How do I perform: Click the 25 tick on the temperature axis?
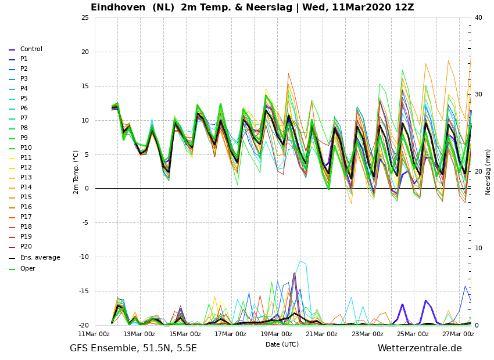pos(85,17)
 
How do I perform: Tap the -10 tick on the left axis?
pos(84,257)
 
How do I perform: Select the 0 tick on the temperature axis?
pos(87,189)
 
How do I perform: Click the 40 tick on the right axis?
pos(478,17)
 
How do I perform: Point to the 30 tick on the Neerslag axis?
pos(478,95)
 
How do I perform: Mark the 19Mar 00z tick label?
pos(276,334)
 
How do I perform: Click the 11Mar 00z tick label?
pos(94,334)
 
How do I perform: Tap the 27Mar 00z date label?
pos(458,334)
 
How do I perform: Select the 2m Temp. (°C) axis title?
pos(76,172)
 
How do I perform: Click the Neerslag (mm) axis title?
pos(488,172)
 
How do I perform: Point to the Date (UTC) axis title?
pos(282,344)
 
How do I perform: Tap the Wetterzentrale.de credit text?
pos(420,348)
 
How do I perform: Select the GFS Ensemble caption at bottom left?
pos(133,348)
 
